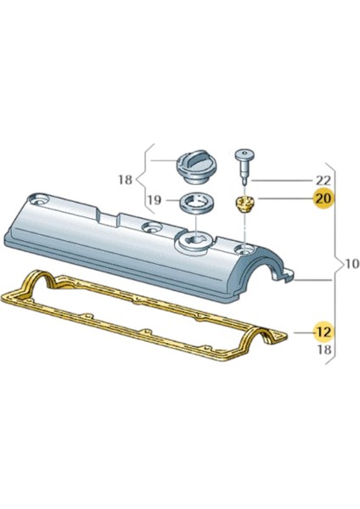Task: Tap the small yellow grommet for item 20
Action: pyautogui.click(x=244, y=204)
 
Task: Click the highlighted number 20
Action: pyautogui.click(x=323, y=199)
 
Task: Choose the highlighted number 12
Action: pyautogui.click(x=323, y=330)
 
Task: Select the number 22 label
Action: pyautogui.click(x=323, y=180)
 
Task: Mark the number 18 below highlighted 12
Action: pyautogui.click(x=323, y=349)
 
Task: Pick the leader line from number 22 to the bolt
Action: pyautogui.click(x=280, y=180)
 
